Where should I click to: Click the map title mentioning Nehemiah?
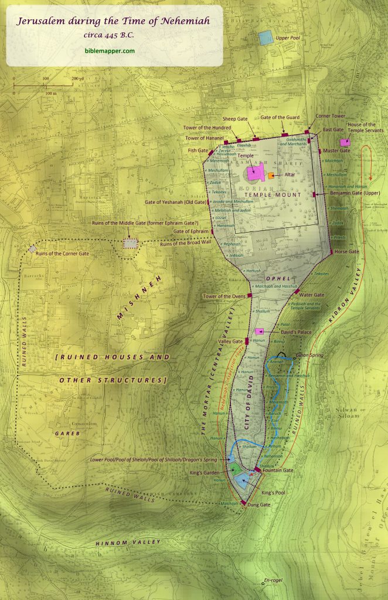point(114,22)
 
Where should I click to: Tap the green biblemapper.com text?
point(109,51)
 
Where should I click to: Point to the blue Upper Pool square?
point(266,38)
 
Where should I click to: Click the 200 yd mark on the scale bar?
point(76,78)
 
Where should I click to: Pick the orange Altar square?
point(271,175)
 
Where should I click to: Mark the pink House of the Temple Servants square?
point(345,142)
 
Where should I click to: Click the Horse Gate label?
point(346,251)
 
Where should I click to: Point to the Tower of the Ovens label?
point(223,296)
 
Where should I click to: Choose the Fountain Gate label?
point(278,471)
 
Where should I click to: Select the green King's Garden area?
point(235,469)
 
